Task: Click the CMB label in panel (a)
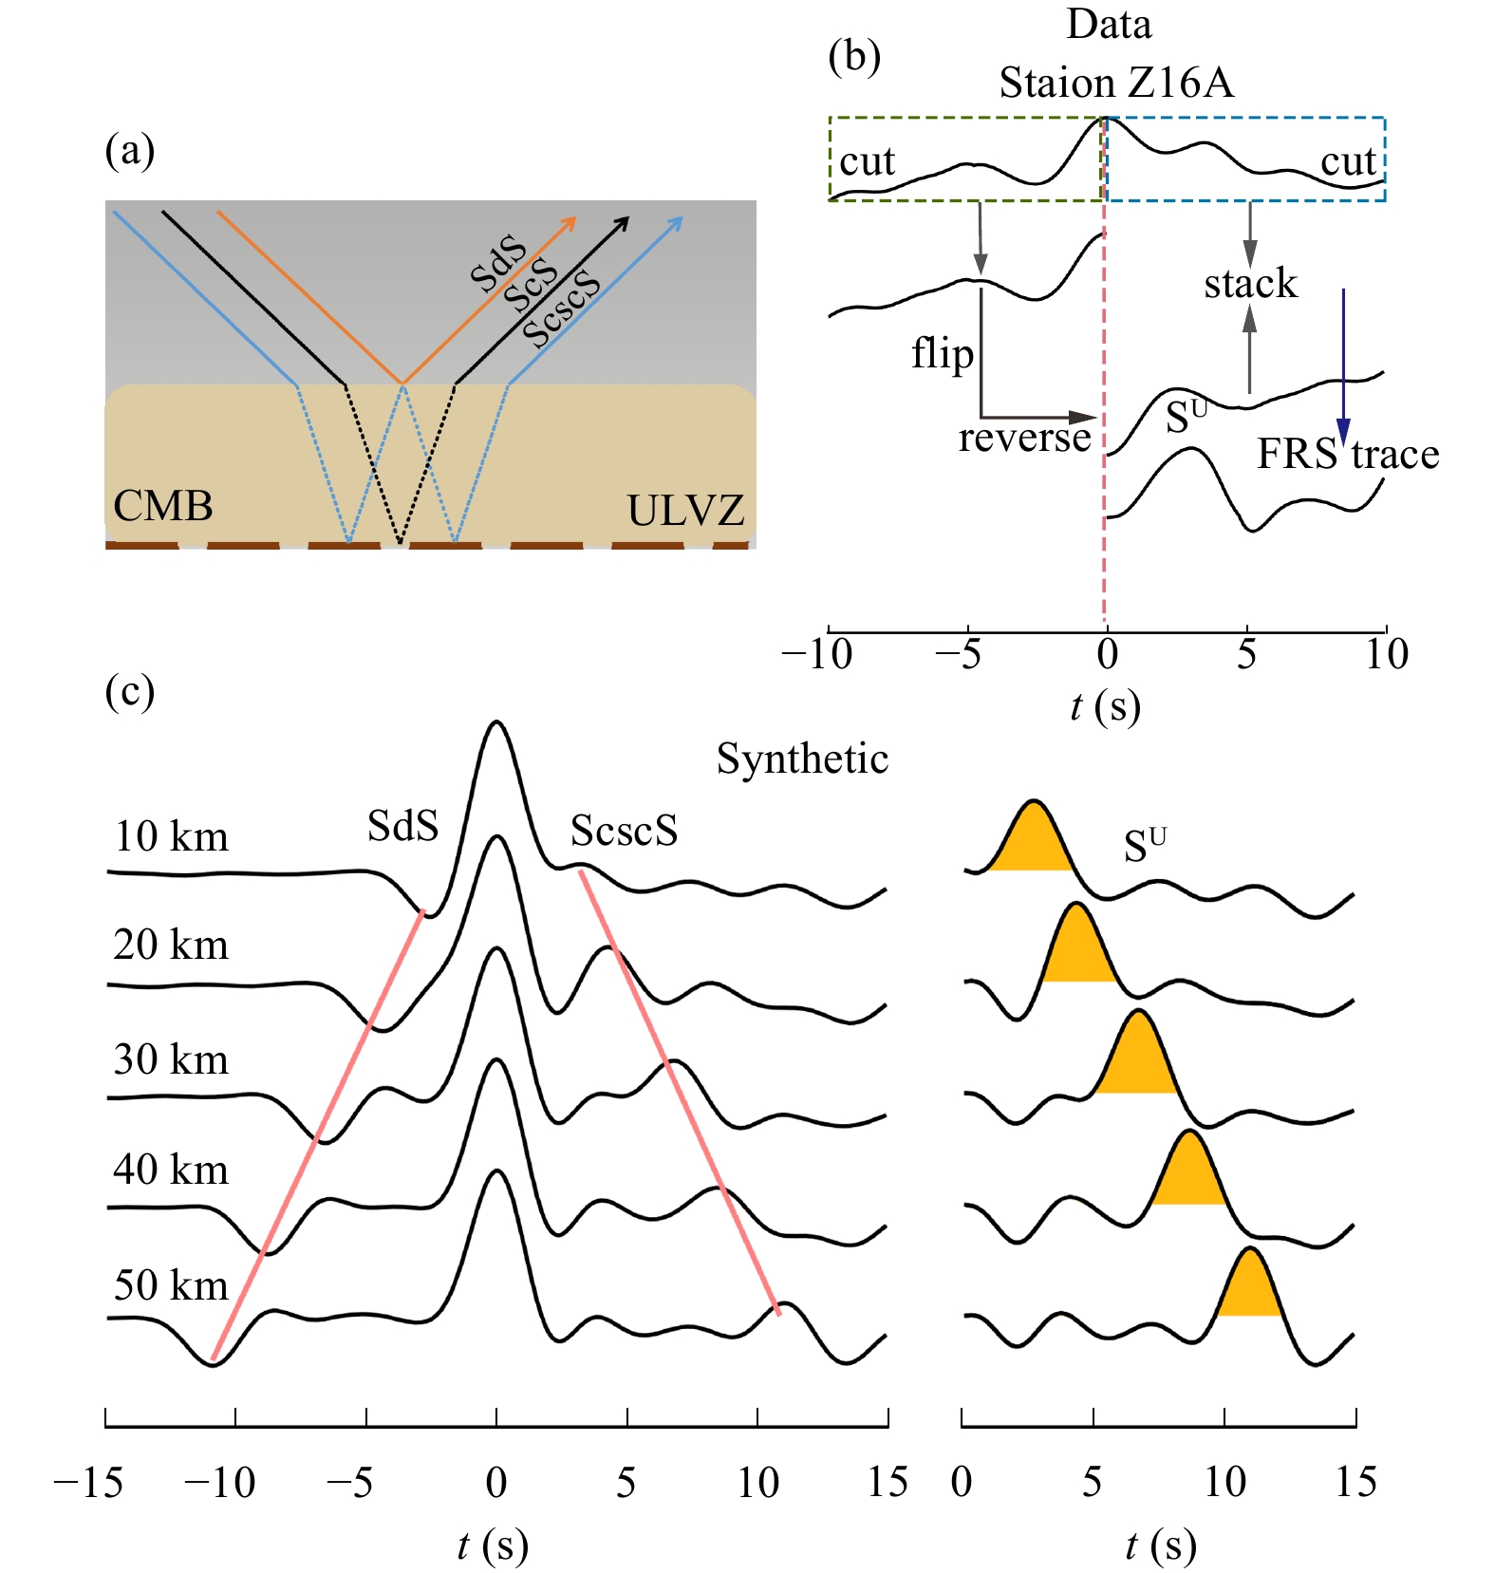pos(162,506)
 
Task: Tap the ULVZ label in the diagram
pos(685,511)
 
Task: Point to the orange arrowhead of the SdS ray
pos(570,223)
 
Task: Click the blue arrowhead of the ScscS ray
pos(676,223)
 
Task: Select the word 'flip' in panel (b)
pos(943,354)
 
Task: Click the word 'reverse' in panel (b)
pos(1024,438)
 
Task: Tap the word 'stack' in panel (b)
pos(1250,284)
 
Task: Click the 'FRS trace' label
pos(1348,455)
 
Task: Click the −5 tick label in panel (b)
pos(959,655)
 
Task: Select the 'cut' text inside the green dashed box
pos(867,162)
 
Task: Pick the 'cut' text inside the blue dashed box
pos(1348,162)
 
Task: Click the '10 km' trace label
pos(171,837)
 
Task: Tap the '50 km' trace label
pos(171,1285)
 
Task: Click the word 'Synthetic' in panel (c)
pos(802,758)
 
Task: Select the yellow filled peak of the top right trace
pos(1032,841)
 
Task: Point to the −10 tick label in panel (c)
pos(220,1483)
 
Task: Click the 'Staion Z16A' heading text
pos(1116,84)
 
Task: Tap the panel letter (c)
pos(130,691)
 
